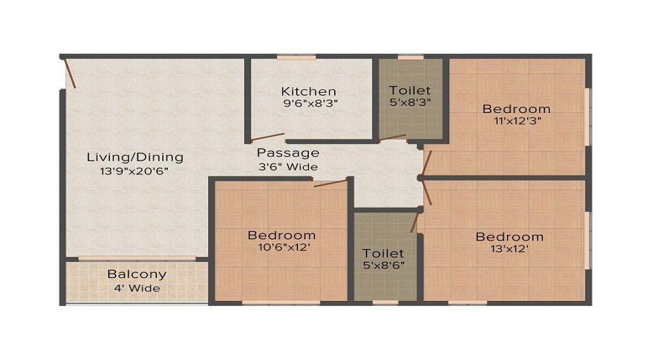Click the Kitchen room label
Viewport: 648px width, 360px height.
(308, 91)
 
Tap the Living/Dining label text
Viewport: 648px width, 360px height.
(135, 158)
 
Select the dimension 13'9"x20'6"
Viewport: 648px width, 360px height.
(135, 171)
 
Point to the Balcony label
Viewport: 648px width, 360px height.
(137, 274)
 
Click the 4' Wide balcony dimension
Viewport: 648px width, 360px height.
(137, 288)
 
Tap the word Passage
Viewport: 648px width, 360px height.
(288, 153)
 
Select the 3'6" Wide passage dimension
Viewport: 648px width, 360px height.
(288, 166)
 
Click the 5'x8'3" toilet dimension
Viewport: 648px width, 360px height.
(410, 102)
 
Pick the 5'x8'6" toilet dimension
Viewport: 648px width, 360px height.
(384, 265)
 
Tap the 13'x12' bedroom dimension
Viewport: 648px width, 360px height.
(510, 249)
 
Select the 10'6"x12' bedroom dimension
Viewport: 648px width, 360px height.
(281, 247)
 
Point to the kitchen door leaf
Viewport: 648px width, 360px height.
(268, 137)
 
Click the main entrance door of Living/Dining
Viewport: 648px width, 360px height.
(69, 73)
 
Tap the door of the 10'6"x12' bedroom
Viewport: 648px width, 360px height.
(330, 183)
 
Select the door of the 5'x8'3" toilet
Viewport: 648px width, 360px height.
(393, 138)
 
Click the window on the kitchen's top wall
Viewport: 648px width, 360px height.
(297, 57)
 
